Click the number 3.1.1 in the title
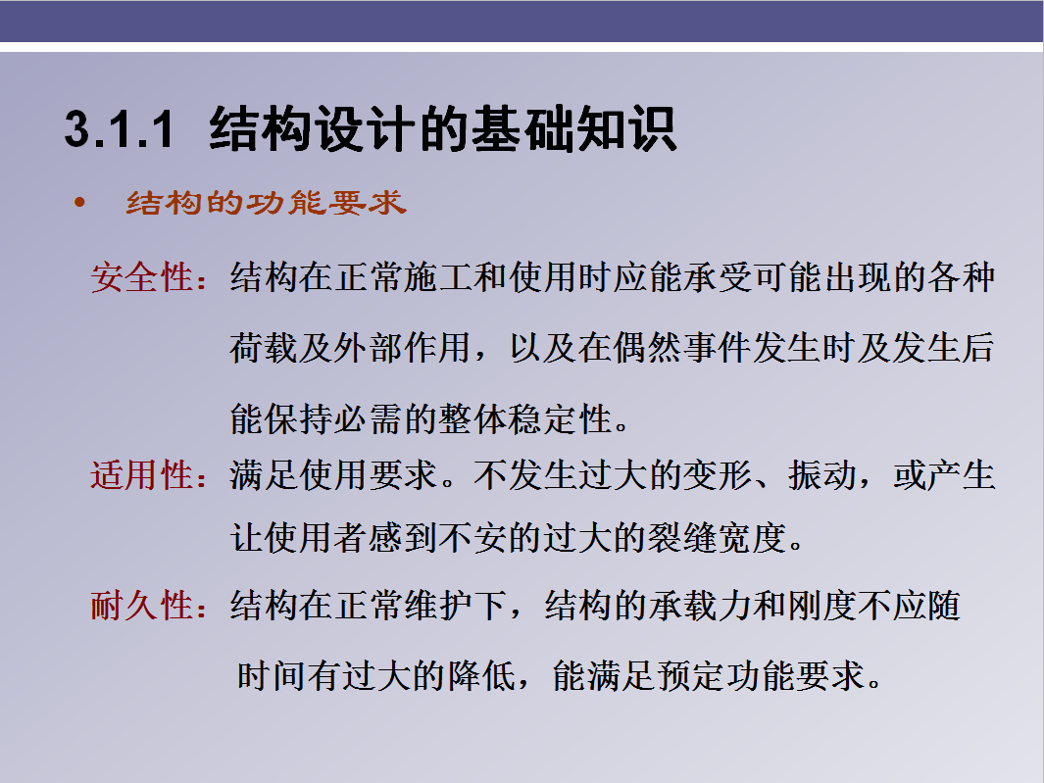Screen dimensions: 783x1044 (119, 129)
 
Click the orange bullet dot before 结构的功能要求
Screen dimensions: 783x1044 (80, 204)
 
